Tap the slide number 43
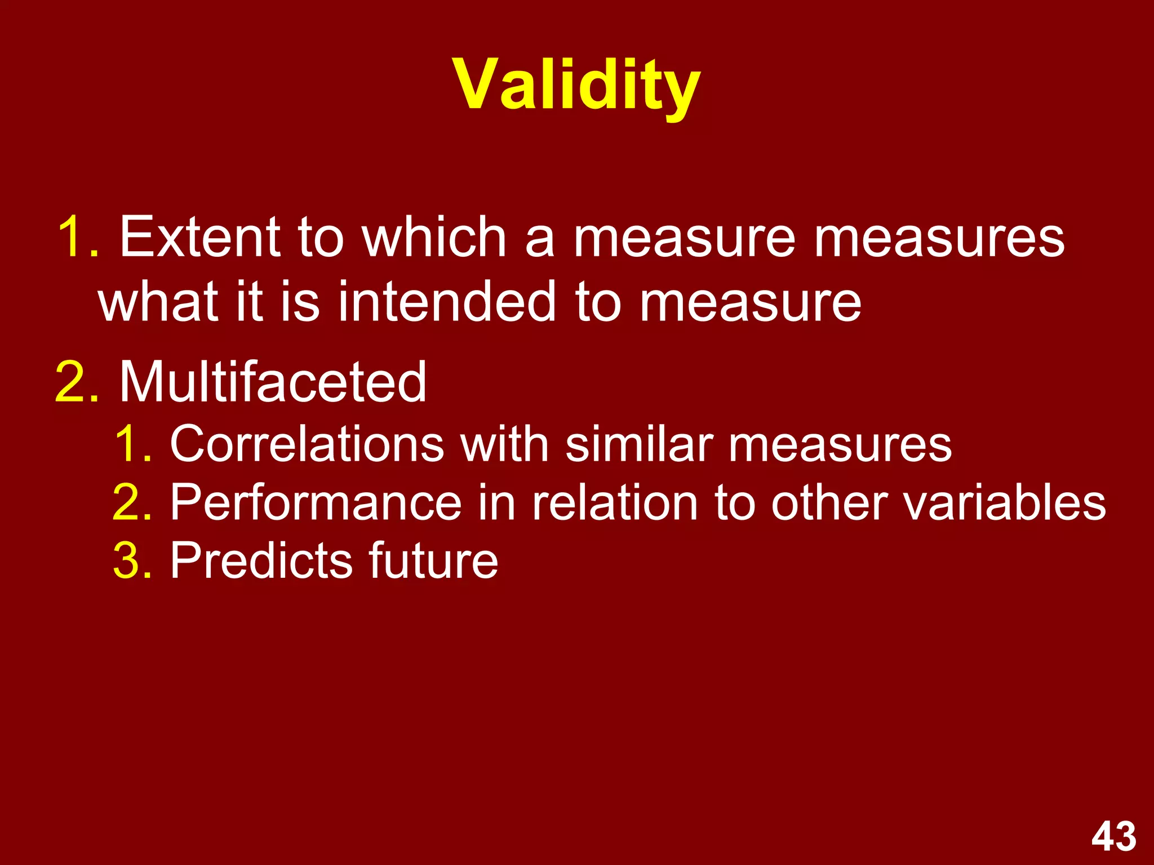click(1113, 837)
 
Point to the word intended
click(448, 302)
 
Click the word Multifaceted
click(273, 382)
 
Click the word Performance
click(316, 502)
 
